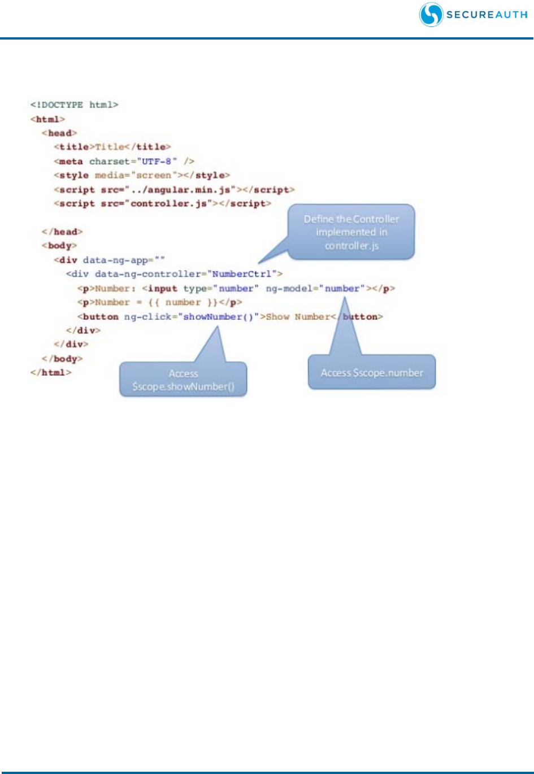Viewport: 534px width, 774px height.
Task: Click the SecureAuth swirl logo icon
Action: point(431,15)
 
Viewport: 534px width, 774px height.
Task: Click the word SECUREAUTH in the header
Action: point(487,15)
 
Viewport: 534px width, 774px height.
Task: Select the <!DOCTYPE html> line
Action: point(74,105)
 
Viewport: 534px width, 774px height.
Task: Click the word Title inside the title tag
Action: point(110,147)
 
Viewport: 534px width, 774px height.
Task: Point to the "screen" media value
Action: point(154,175)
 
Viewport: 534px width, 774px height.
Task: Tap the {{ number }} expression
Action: point(183,302)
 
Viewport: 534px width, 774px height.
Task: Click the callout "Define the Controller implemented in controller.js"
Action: point(351,232)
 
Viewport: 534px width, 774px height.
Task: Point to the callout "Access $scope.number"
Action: point(372,372)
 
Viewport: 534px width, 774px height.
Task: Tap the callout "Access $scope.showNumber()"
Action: point(183,380)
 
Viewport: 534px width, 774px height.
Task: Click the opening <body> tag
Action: point(59,246)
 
